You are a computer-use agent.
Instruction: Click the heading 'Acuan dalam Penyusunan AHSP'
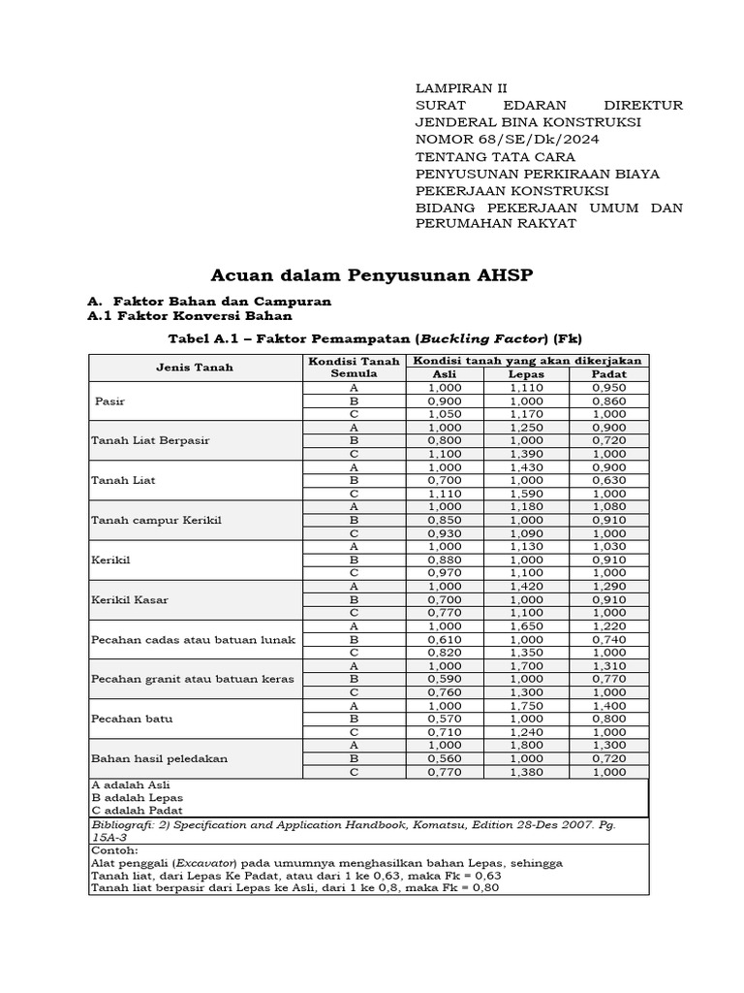(x=371, y=276)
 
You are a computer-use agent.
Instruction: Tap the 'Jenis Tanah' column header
(x=195, y=368)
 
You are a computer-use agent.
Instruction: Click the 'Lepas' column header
(x=526, y=373)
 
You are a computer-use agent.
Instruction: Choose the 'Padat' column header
(x=608, y=373)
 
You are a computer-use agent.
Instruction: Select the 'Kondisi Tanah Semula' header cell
(x=354, y=368)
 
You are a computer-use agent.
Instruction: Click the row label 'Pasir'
(x=110, y=400)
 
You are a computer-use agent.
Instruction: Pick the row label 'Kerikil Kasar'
(x=130, y=599)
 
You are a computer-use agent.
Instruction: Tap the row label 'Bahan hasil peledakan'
(x=159, y=758)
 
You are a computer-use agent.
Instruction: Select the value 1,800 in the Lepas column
(x=526, y=745)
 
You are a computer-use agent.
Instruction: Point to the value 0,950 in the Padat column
(x=608, y=387)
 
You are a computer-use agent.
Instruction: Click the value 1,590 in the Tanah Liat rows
(x=526, y=493)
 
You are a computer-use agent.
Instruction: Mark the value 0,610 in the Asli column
(x=444, y=639)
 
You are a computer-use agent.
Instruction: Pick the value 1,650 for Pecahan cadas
(x=526, y=626)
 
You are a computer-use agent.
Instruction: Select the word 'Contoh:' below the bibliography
(x=114, y=849)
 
